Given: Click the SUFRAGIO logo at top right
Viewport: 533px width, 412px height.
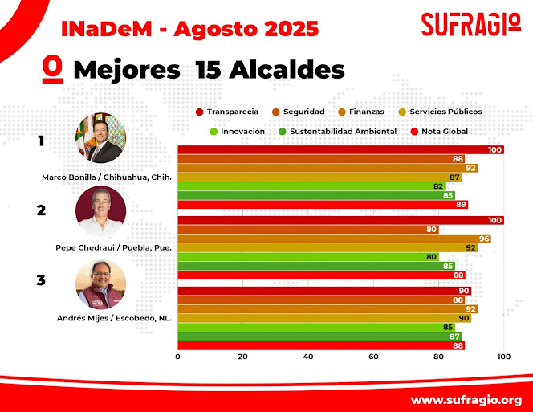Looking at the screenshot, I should click(470, 24).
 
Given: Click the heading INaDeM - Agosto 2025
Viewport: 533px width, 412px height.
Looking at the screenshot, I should click(190, 29).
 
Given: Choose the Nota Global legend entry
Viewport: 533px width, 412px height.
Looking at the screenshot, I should click(439, 131).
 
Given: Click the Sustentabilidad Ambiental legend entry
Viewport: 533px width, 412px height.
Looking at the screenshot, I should click(336, 131).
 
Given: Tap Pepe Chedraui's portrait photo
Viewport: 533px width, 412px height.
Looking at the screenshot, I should click(101, 210).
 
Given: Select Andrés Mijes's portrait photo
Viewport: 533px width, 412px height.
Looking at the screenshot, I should click(101, 284).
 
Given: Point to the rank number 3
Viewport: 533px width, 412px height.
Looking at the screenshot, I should click(40, 281).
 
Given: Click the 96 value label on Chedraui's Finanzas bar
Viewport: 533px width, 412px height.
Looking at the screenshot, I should click(484, 239).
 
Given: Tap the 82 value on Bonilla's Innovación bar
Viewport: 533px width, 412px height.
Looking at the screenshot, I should click(438, 186).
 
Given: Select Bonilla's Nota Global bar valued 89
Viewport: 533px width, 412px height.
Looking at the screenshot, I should click(321, 204).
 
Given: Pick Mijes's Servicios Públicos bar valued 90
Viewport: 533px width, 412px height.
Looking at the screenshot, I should click(321, 318).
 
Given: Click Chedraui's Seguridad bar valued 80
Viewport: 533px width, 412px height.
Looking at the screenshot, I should click(305, 230).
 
